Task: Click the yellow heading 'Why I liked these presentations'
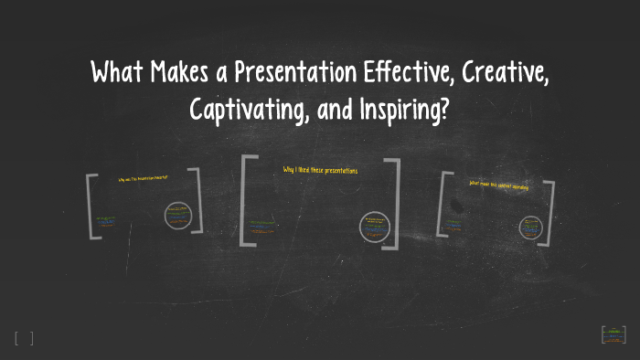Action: pos(320,171)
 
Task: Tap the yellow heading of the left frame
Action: pos(144,179)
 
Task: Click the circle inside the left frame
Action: pos(177,216)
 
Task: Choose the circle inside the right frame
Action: pos(530,227)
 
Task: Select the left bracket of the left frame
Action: pos(92,206)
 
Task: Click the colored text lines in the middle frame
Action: pos(266,225)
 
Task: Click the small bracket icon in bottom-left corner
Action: pos(24,338)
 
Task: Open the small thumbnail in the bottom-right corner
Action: pos(613,334)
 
